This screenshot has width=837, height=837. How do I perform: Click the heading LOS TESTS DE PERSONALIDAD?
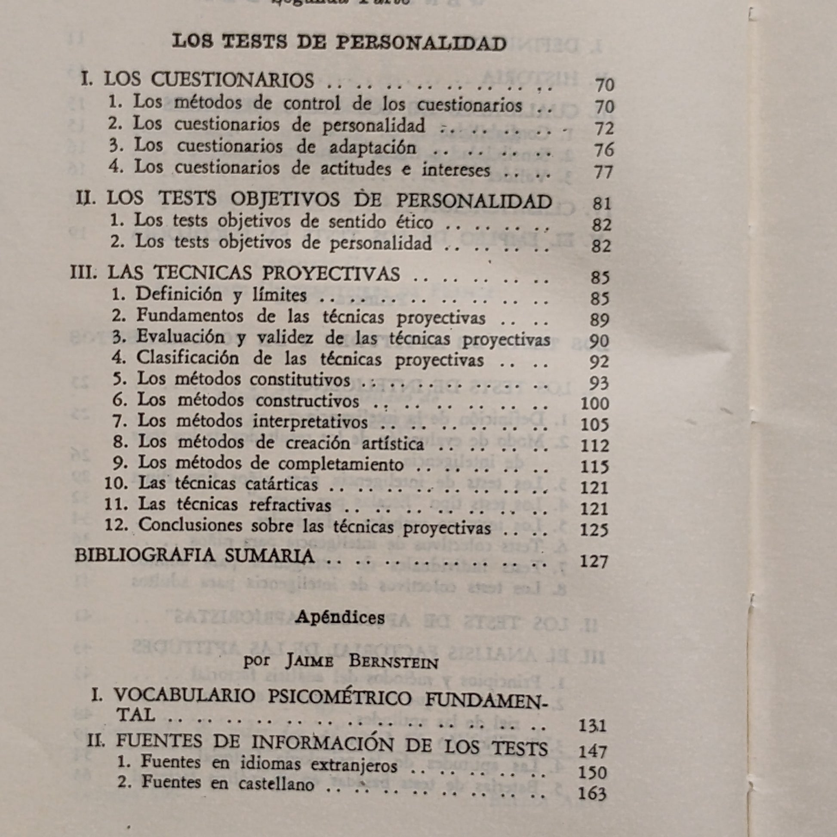tap(339, 43)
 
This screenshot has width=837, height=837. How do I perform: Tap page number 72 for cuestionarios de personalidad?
tap(604, 128)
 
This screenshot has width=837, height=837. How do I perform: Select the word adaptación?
tap(372, 148)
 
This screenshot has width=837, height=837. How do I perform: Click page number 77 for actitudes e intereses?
tap(604, 172)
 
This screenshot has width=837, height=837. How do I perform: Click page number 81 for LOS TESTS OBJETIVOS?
tap(601, 203)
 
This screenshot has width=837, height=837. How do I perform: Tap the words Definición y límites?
tap(222, 295)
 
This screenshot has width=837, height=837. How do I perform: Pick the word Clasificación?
tap(188, 358)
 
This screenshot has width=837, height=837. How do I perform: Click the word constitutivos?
tap(300, 380)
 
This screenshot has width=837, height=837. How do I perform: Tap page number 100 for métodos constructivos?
tap(594, 403)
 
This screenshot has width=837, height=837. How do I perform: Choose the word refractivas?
tap(290, 505)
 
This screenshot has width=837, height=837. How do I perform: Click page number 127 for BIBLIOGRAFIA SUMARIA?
tap(594, 561)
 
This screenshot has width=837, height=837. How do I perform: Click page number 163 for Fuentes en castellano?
tap(592, 794)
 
